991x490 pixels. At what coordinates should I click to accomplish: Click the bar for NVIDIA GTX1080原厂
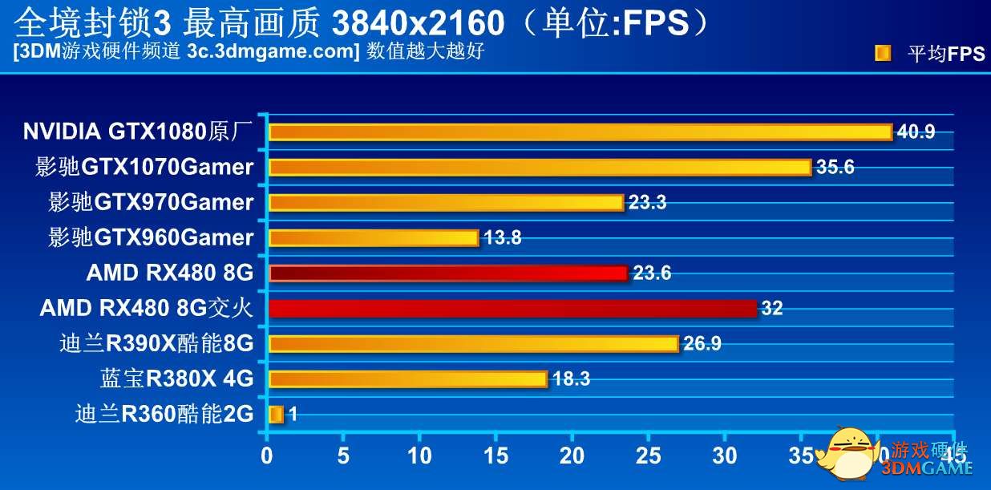[x=580, y=132]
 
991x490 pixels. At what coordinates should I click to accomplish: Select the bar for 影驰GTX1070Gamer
[x=540, y=167]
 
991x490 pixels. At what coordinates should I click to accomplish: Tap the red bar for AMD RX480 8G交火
[x=512, y=308]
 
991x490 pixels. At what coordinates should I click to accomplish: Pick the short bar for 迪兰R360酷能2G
[x=276, y=415]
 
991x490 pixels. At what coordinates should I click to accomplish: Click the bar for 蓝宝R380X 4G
[x=407, y=379]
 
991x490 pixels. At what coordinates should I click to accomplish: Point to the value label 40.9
[x=916, y=132]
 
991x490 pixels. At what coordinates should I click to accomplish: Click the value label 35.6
[x=835, y=167]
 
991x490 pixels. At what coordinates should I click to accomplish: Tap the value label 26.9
[x=702, y=344]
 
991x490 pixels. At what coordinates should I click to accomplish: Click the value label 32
[x=771, y=309]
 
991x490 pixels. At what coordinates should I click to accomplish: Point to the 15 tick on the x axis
[x=496, y=456]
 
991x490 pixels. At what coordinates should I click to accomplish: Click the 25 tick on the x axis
[x=648, y=456]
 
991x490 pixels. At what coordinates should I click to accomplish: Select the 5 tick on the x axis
[x=343, y=456]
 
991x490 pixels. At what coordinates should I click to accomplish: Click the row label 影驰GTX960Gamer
[x=151, y=237]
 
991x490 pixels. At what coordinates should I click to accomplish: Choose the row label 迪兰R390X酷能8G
[x=156, y=344]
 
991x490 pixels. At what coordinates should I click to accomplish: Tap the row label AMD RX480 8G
[x=169, y=273]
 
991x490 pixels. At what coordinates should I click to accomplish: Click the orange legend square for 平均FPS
[x=883, y=54]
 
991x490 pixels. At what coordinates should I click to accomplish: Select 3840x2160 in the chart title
[x=417, y=23]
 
